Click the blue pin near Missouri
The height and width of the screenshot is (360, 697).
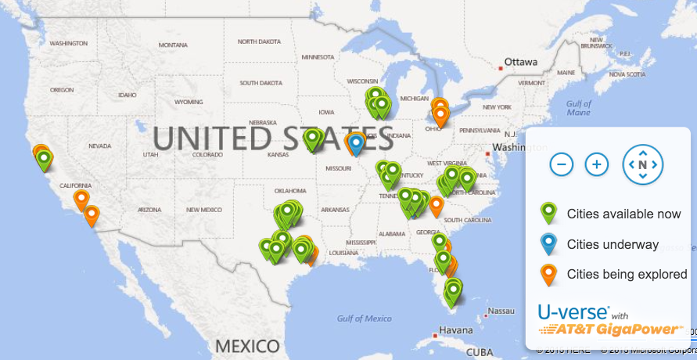[x=357, y=143]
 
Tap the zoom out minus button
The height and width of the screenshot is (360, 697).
[x=562, y=164]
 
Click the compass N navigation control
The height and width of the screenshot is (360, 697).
[x=642, y=164]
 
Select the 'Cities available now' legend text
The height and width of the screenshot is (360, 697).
[x=623, y=213]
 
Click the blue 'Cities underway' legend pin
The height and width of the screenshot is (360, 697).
[x=549, y=243]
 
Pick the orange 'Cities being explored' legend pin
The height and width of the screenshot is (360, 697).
[x=549, y=274]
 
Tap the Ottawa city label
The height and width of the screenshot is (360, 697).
[x=521, y=61]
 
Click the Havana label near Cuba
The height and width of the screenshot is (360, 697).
[x=455, y=330]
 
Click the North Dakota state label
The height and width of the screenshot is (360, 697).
[x=259, y=41]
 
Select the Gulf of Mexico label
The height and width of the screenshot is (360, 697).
[x=365, y=319]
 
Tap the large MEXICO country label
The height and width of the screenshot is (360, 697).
[x=247, y=345]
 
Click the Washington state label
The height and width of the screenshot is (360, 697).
[x=68, y=43]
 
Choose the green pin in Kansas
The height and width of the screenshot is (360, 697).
[x=313, y=139]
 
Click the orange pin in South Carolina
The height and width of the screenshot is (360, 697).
[x=437, y=205]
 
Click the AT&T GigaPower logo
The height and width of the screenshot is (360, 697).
[x=612, y=329]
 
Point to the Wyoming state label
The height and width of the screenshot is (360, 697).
[x=189, y=102]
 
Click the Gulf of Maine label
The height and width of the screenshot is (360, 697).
[x=579, y=108]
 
